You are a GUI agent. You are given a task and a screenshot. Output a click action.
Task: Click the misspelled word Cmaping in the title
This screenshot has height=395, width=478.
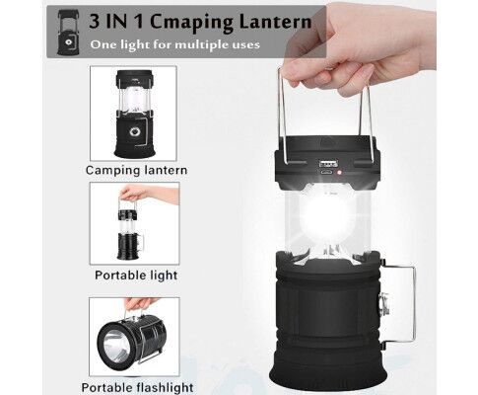[191, 23]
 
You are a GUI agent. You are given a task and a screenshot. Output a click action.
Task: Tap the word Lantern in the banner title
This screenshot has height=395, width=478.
[275, 22]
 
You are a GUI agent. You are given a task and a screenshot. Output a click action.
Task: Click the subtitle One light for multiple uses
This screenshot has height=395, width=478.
[174, 44]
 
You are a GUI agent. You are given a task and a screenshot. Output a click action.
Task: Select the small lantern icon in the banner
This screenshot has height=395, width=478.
[68, 32]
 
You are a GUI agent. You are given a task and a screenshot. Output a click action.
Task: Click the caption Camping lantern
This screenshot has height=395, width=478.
[136, 170]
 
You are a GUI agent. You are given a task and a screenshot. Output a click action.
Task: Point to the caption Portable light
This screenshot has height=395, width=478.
[136, 275]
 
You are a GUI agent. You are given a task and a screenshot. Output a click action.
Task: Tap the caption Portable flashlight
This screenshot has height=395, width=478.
[137, 387]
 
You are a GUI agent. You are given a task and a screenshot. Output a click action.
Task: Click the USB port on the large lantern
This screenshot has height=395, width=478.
[327, 162]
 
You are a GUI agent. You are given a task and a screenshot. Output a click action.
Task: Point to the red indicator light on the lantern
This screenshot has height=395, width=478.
[340, 172]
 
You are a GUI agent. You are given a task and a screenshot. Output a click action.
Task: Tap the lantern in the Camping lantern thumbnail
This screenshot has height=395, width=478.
[134, 114]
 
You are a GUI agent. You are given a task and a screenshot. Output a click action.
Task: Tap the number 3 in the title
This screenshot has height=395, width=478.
[95, 22]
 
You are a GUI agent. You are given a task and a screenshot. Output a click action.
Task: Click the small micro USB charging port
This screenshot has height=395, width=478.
[326, 172]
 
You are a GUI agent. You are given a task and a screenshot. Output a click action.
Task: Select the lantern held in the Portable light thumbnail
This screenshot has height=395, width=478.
[130, 234]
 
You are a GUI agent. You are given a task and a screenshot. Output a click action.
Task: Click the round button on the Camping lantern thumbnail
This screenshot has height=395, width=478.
[135, 132]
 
